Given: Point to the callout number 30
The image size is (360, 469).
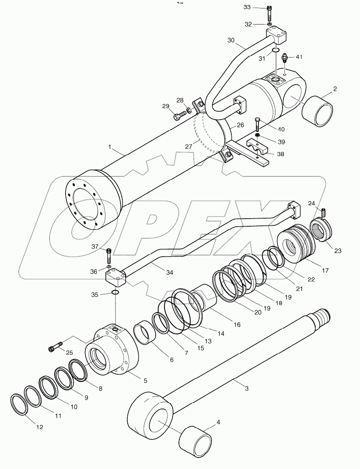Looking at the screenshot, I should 231,40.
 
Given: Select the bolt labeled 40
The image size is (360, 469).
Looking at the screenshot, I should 258,124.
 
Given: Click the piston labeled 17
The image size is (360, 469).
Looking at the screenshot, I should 296,245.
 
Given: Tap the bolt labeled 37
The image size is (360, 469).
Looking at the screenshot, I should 109,255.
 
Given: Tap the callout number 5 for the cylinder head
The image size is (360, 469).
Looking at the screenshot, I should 145,380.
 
